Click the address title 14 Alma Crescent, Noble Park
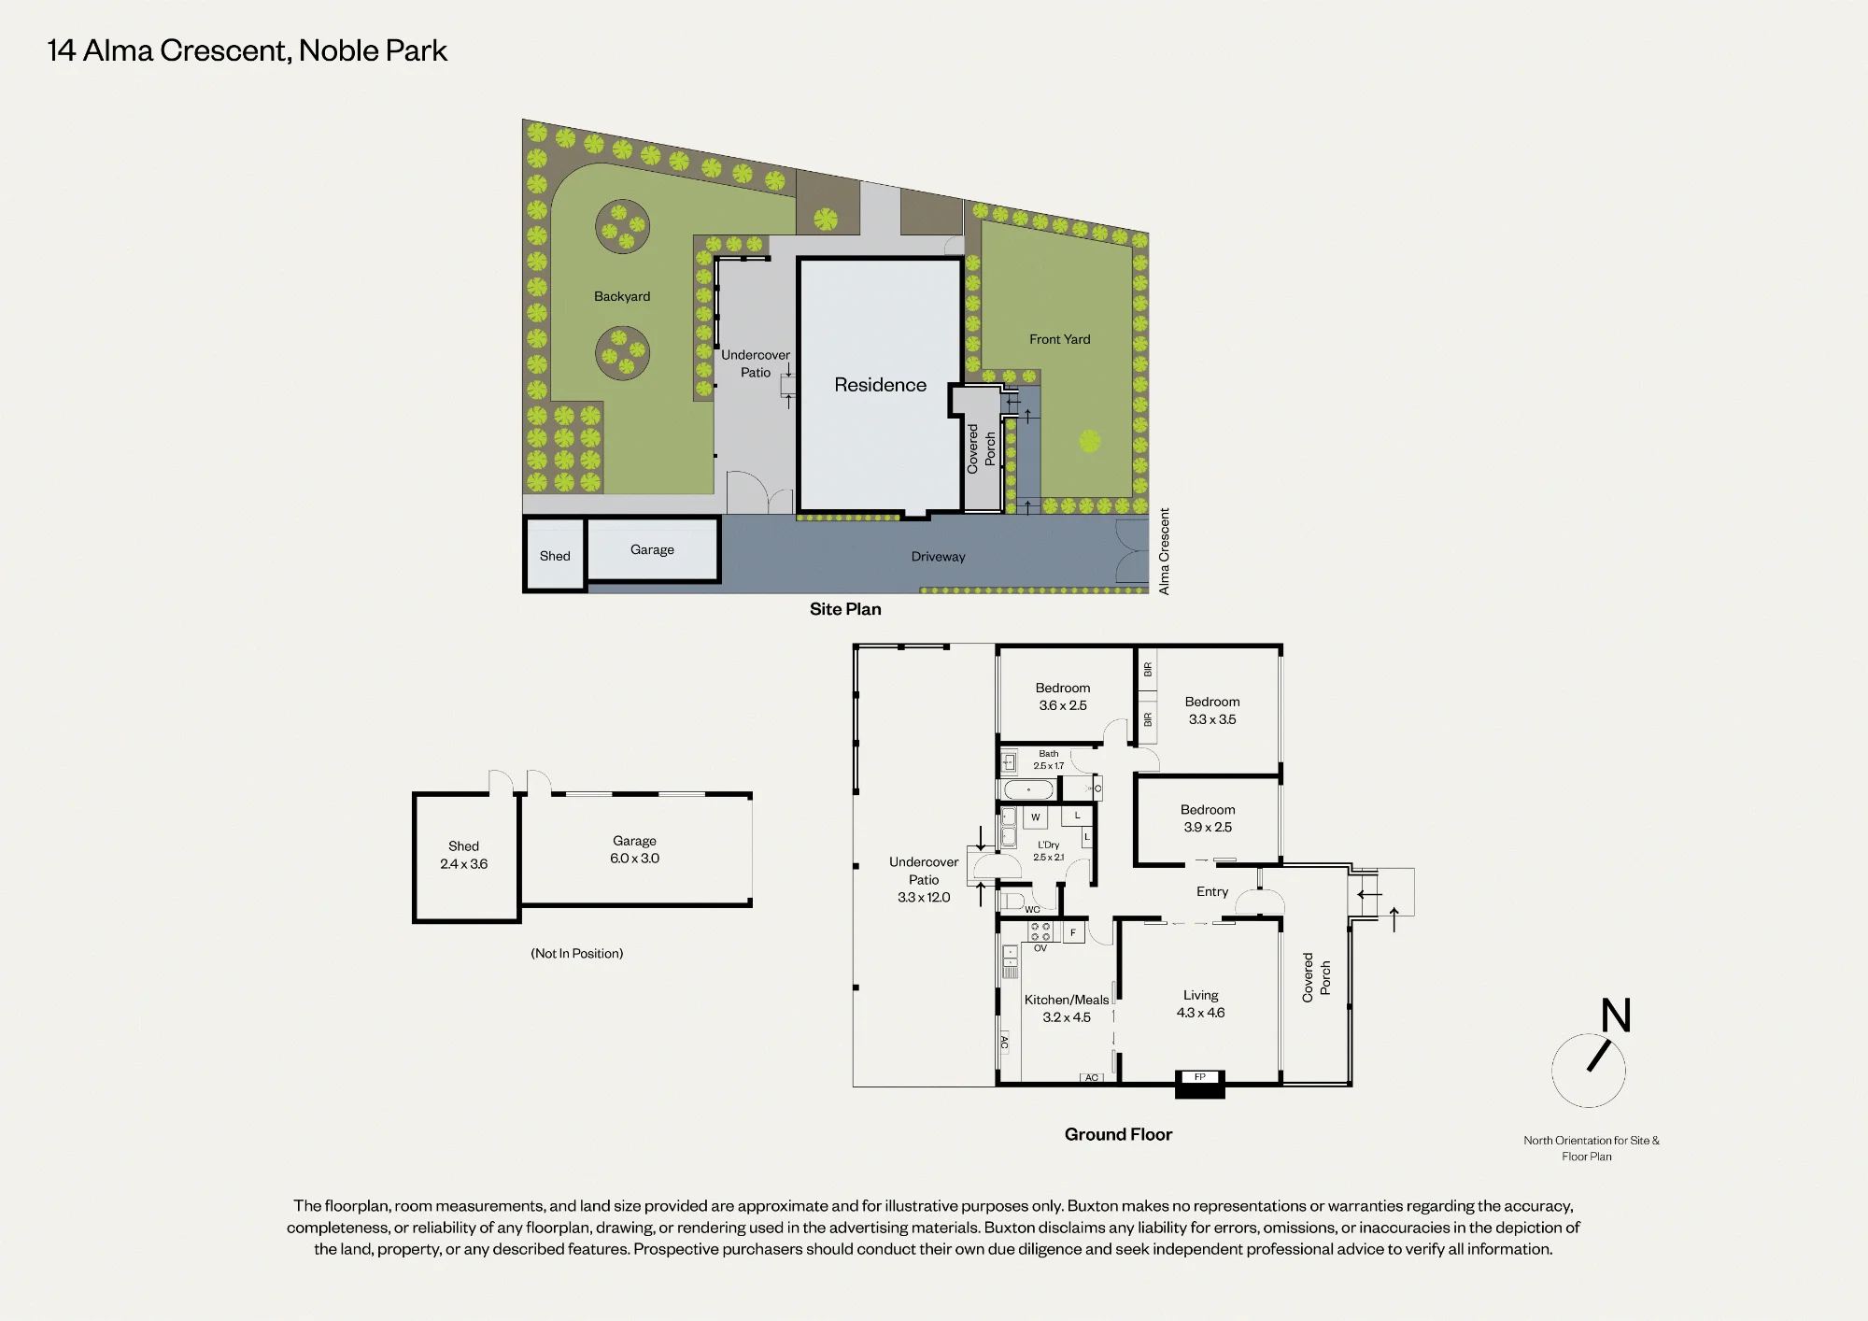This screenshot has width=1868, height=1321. (248, 50)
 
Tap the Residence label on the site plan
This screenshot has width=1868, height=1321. (880, 385)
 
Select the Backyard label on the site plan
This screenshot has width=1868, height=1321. (622, 296)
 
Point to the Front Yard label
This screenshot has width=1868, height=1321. (1059, 339)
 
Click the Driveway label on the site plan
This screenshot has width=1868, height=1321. (938, 557)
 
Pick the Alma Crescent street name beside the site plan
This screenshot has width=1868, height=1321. (1164, 551)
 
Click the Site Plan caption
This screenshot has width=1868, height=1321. (845, 609)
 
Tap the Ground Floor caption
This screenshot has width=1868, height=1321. (1118, 1134)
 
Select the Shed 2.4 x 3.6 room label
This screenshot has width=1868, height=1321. (463, 855)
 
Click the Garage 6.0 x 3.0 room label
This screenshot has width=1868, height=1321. (634, 849)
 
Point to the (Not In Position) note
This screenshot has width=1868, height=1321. (576, 953)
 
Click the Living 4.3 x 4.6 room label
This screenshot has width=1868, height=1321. (1200, 1003)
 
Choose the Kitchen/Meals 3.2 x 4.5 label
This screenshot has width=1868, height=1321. (1067, 1008)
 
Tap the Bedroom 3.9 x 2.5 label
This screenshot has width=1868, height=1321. (1208, 818)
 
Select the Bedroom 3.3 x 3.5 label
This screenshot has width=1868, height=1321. (1212, 710)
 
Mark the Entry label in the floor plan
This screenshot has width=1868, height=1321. (1212, 891)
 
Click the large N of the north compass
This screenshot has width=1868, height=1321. (1616, 1015)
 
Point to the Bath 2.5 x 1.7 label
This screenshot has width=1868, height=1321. (1048, 760)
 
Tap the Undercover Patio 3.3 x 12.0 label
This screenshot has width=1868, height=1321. (924, 879)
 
